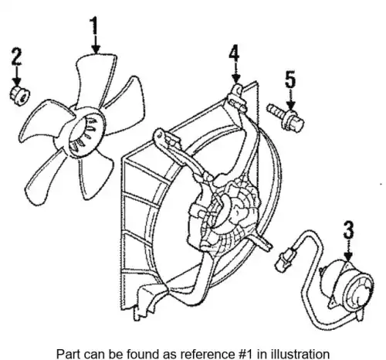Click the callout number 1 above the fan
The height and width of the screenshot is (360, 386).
tap(94, 25)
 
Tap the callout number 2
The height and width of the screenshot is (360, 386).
tap(17, 56)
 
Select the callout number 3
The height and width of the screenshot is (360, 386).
tap(348, 229)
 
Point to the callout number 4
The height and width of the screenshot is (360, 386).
tap(235, 54)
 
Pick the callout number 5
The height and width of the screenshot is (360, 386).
tap(290, 80)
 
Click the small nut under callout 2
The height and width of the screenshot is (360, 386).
tap(19, 96)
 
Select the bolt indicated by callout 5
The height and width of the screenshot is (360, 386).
tap(286, 117)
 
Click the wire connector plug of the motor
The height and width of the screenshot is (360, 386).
tap(284, 259)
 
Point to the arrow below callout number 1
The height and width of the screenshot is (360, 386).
tap(96, 44)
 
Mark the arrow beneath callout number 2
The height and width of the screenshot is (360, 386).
tap(17, 76)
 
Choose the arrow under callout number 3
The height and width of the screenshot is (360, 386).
tap(348, 250)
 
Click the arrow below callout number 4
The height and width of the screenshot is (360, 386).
tap(235, 73)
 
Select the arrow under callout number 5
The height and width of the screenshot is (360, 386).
tap(290, 100)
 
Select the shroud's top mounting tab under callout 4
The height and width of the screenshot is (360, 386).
tap(237, 98)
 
